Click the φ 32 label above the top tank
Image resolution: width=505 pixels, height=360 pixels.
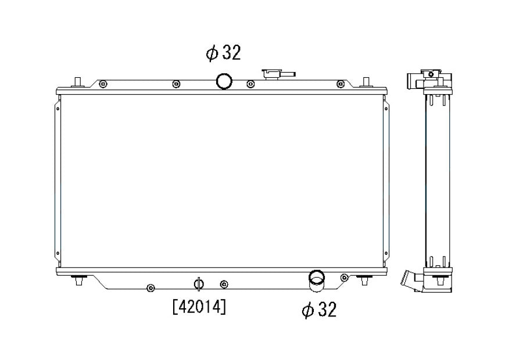point(223,53)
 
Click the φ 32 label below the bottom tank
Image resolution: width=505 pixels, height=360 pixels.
point(319,310)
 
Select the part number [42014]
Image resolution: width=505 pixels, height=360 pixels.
point(199,307)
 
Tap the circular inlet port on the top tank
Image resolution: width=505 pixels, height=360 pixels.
point(224,81)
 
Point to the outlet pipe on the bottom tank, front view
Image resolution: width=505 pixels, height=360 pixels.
point(317,281)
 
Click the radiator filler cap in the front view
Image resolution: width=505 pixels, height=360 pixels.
point(278,74)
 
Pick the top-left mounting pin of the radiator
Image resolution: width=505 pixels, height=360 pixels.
point(77,82)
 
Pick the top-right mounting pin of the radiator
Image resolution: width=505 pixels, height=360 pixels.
point(366,82)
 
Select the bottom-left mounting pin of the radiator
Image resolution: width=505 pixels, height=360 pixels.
point(78,280)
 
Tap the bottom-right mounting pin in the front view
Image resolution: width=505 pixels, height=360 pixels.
point(364,280)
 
